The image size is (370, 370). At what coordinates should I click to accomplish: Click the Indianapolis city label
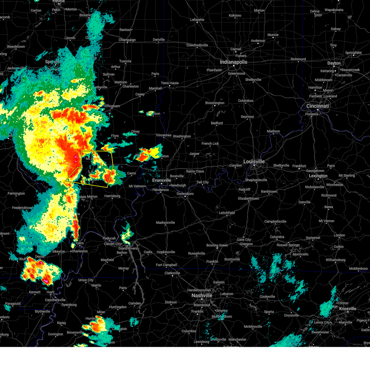(x=233, y=62)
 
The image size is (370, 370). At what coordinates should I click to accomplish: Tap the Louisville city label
(x=254, y=162)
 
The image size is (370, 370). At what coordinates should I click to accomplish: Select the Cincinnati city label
(x=318, y=106)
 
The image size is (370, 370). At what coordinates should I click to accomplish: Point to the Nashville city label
(x=202, y=295)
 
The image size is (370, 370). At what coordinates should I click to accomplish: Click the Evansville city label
(x=162, y=180)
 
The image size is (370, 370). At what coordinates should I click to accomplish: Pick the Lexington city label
(x=318, y=176)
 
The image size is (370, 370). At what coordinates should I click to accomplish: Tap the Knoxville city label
(x=347, y=309)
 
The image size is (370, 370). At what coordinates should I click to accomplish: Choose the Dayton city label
(x=334, y=63)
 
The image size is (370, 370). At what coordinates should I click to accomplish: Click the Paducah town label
(x=109, y=238)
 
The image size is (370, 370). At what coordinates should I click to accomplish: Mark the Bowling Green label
(x=217, y=245)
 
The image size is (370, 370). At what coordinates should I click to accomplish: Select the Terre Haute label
(x=170, y=83)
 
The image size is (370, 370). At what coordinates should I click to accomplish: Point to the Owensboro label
(x=185, y=194)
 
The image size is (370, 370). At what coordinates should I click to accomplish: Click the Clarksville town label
(x=172, y=273)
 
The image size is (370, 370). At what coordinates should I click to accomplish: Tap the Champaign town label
(x=127, y=40)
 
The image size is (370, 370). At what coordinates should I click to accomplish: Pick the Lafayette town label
(x=197, y=20)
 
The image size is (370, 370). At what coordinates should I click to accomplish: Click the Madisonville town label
(x=165, y=223)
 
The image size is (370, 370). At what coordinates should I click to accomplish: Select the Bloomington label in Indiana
(x=215, y=103)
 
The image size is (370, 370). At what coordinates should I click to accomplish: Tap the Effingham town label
(x=112, y=106)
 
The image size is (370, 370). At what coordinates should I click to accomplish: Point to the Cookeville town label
(x=267, y=297)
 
